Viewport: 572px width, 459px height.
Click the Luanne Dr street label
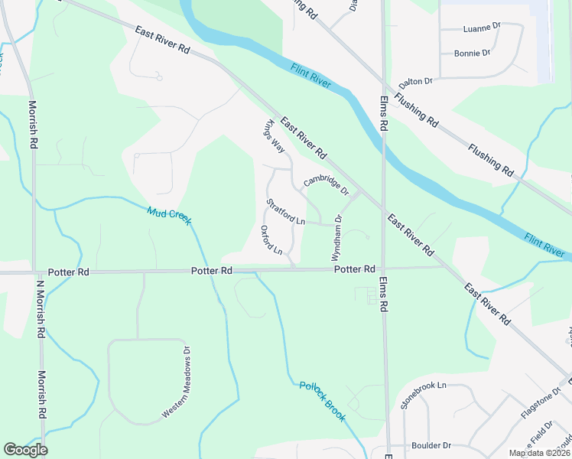(481, 28)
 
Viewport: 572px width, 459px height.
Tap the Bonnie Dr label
(472, 54)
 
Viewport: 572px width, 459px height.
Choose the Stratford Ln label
(285, 212)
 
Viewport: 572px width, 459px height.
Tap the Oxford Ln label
(271, 240)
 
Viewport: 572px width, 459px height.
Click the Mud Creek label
(169, 216)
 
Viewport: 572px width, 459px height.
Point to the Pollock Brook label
(322, 402)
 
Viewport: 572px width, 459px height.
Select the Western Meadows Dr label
(175, 382)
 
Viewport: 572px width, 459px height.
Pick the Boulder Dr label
(431, 445)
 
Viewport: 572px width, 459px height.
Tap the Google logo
(25, 450)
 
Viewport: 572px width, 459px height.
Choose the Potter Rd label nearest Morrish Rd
(68, 272)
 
